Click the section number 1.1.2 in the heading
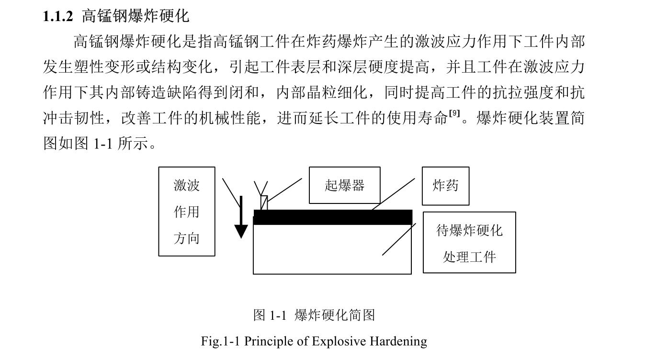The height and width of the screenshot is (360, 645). [x=58, y=17]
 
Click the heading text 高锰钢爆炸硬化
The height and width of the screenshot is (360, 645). [x=136, y=16]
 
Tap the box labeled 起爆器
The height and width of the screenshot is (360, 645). [x=344, y=185]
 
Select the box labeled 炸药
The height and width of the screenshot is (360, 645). [x=445, y=186]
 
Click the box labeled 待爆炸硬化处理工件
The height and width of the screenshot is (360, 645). [x=469, y=243]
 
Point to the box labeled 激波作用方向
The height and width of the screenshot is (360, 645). [x=187, y=211]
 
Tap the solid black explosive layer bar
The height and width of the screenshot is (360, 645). [x=332, y=217]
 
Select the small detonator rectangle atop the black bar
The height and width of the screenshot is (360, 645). [x=264, y=202]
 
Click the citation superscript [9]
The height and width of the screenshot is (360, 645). [x=454, y=113]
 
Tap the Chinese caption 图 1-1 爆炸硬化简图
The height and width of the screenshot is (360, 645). [x=314, y=315]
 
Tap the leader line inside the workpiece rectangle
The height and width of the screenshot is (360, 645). [x=398, y=240]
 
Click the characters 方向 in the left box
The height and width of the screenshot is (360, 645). [x=187, y=238]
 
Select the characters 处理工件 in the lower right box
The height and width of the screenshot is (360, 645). [x=469, y=257]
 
